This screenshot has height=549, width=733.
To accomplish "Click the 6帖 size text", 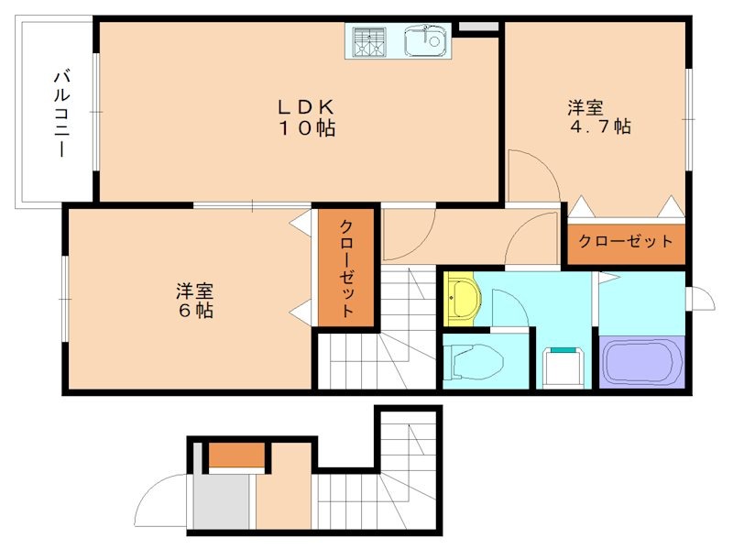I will pyautogui.click(x=195, y=311).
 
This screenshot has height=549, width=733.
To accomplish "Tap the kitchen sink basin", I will pyautogui.click(x=425, y=40).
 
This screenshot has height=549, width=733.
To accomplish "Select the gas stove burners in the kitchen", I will pyautogui.click(x=370, y=41).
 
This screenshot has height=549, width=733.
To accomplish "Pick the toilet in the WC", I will pyautogui.click(x=475, y=359).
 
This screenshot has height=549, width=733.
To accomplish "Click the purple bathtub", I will pyautogui.click(x=641, y=362).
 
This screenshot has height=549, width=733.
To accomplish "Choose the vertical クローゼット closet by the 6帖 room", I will pyautogui.click(x=347, y=269).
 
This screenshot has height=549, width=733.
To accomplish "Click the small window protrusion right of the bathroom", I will pyautogui.click(x=701, y=299).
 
